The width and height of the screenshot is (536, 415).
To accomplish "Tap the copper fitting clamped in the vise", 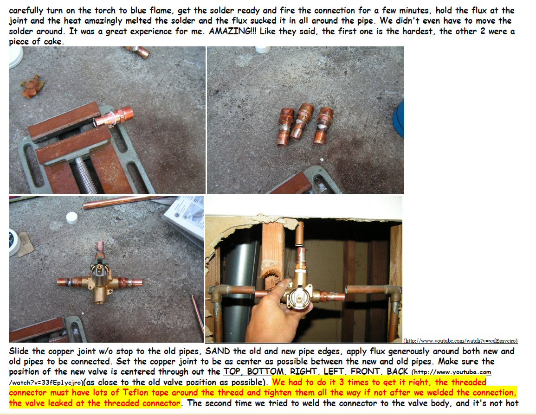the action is (113, 117).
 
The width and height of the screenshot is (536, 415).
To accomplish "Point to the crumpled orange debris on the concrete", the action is (32, 86).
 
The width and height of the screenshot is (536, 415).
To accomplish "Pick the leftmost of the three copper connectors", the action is (285, 127).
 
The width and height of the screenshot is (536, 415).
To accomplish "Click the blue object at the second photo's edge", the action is (399, 119).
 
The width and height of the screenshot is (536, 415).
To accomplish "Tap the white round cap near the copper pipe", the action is (72, 217).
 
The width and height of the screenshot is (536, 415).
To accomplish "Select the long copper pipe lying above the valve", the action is (123, 202).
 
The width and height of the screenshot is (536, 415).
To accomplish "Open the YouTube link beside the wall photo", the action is (460, 340).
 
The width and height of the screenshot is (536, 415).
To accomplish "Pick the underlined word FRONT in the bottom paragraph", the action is (365, 371).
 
